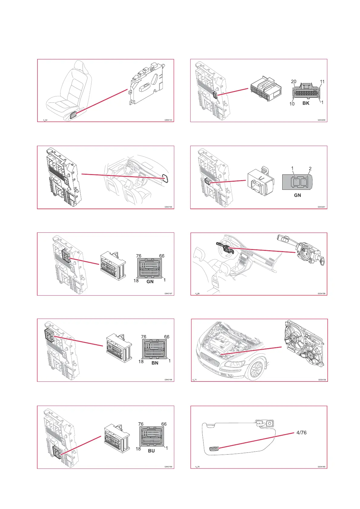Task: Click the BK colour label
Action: [x=306, y=103]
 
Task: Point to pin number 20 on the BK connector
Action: [x=293, y=82]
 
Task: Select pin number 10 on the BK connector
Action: [x=292, y=104]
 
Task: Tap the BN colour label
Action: [x=155, y=363]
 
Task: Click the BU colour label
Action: [x=151, y=451]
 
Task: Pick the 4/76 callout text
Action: [x=301, y=433]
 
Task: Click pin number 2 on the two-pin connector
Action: [x=310, y=169]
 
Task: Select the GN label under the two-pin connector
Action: [x=297, y=195]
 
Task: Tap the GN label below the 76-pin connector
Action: [x=150, y=282]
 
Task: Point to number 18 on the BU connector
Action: [x=138, y=449]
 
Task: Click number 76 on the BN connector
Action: [x=144, y=337]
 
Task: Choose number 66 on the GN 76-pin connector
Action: [x=162, y=256]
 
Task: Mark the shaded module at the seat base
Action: [x=73, y=114]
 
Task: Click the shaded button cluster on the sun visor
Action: [x=214, y=449]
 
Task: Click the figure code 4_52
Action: [x=45, y=120]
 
